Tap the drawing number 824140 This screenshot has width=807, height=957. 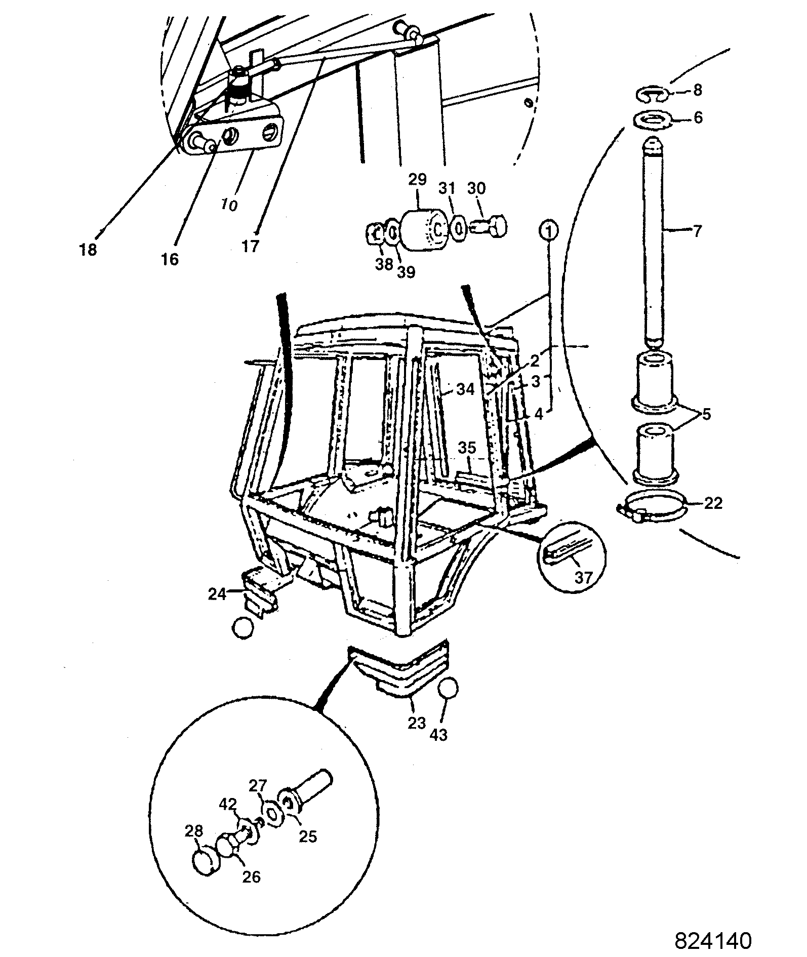click(713, 940)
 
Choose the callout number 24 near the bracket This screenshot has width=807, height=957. click(218, 593)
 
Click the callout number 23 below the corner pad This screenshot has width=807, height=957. click(417, 723)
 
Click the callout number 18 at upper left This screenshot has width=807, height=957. click(88, 250)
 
